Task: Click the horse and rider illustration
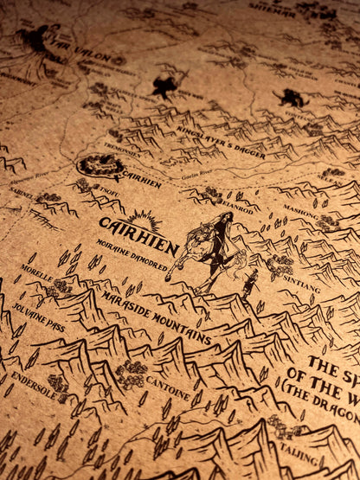210,247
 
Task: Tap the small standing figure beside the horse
250,283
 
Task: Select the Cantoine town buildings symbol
132,373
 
